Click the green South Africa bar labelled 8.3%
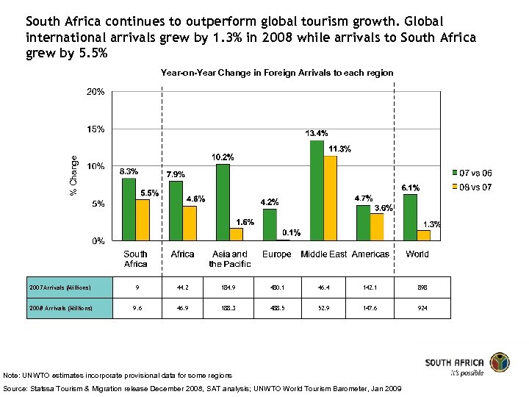129,210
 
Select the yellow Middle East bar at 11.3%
330,198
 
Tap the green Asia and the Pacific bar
223,202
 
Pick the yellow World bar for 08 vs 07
424,235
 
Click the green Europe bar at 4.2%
270,225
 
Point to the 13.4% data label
317,134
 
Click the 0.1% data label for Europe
290,232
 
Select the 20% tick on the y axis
96,93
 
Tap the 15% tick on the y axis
96,129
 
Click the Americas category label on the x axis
370,254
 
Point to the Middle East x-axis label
323,254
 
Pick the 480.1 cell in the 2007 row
277,287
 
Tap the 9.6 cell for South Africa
136,308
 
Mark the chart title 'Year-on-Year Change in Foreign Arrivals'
277,73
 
